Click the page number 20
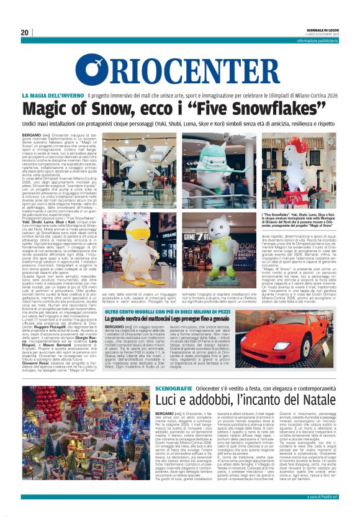click(x=24, y=32)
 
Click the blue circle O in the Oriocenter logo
click(x=91, y=71)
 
